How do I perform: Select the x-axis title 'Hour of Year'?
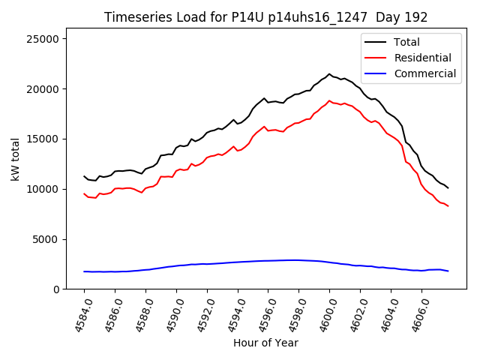[265, 343]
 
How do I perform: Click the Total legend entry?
[406, 42]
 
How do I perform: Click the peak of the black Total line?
[329, 74]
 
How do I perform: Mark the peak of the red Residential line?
[329, 100]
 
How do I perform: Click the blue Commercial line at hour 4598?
[298, 260]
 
